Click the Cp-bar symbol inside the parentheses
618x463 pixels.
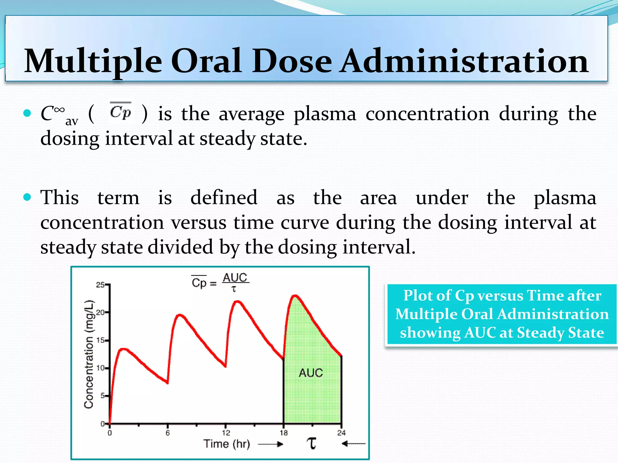click(x=120, y=112)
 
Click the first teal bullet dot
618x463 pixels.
click(x=27, y=113)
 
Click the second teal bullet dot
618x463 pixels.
click(x=27, y=197)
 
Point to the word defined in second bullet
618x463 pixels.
click(x=224, y=198)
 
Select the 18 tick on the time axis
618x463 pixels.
click(x=284, y=433)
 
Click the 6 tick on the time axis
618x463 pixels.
click(x=168, y=433)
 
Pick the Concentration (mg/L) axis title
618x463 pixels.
click(x=89, y=354)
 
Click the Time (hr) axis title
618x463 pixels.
click(x=227, y=444)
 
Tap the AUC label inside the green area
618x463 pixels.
click(x=311, y=373)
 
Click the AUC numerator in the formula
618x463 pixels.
click(x=235, y=278)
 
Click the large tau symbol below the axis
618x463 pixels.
click(x=312, y=443)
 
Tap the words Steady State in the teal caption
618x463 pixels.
click(x=560, y=333)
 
